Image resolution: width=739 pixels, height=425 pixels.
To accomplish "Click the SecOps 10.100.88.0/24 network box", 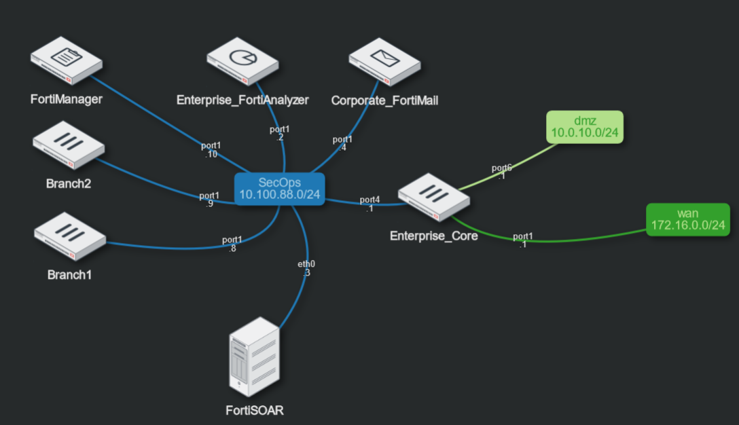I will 279,188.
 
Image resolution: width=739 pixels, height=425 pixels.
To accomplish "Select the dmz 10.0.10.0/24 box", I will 584,127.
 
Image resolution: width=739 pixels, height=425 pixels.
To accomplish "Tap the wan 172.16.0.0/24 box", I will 687,219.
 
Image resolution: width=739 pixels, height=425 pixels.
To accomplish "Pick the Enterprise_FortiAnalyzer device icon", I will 242,61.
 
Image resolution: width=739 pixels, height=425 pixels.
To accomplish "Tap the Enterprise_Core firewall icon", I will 434,197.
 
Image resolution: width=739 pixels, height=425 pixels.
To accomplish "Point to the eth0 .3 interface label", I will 306,267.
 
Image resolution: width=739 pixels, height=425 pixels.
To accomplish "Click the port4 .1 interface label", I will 369,204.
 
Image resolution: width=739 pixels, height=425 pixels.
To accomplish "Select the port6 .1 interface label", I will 501,172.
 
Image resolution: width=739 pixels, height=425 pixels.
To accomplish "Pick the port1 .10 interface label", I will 211,150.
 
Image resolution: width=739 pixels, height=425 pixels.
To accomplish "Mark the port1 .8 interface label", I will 232,244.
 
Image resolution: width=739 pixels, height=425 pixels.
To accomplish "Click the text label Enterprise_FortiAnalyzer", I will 242,100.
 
